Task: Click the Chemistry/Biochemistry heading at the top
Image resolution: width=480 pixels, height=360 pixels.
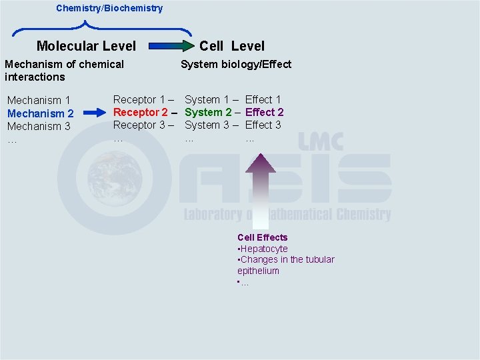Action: pyautogui.click(x=109, y=9)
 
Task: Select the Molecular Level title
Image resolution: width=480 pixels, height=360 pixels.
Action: pyautogui.click(x=86, y=46)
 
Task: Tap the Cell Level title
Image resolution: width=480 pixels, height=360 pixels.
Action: pyautogui.click(x=232, y=46)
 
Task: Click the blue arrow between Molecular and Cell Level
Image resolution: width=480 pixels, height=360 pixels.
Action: pyautogui.click(x=169, y=47)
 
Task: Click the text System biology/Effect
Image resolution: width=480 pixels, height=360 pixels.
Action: pyautogui.click(x=236, y=64)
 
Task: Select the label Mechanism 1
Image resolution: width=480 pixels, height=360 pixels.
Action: pyautogui.click(x=39, y=101)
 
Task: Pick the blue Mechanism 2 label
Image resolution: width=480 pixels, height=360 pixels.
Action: pyautogui.click(x=40, y=113)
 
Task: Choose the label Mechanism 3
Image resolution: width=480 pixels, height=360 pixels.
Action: pyautogui.click(x=39, y=126)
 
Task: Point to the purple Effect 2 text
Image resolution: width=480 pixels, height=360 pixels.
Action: pyautogui.click(x=265, y=112)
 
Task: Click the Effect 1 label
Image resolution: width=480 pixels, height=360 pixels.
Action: pyautogui.click(x=263, y=99)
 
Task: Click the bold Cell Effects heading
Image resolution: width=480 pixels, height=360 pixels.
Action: pyautogui.click(x=263, y=237)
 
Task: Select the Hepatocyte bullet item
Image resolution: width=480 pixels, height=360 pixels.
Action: pyautogui.click(x=264, y=249)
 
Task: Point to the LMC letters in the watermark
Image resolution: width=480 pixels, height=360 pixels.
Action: pyautogui.click(x=321, y=142)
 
